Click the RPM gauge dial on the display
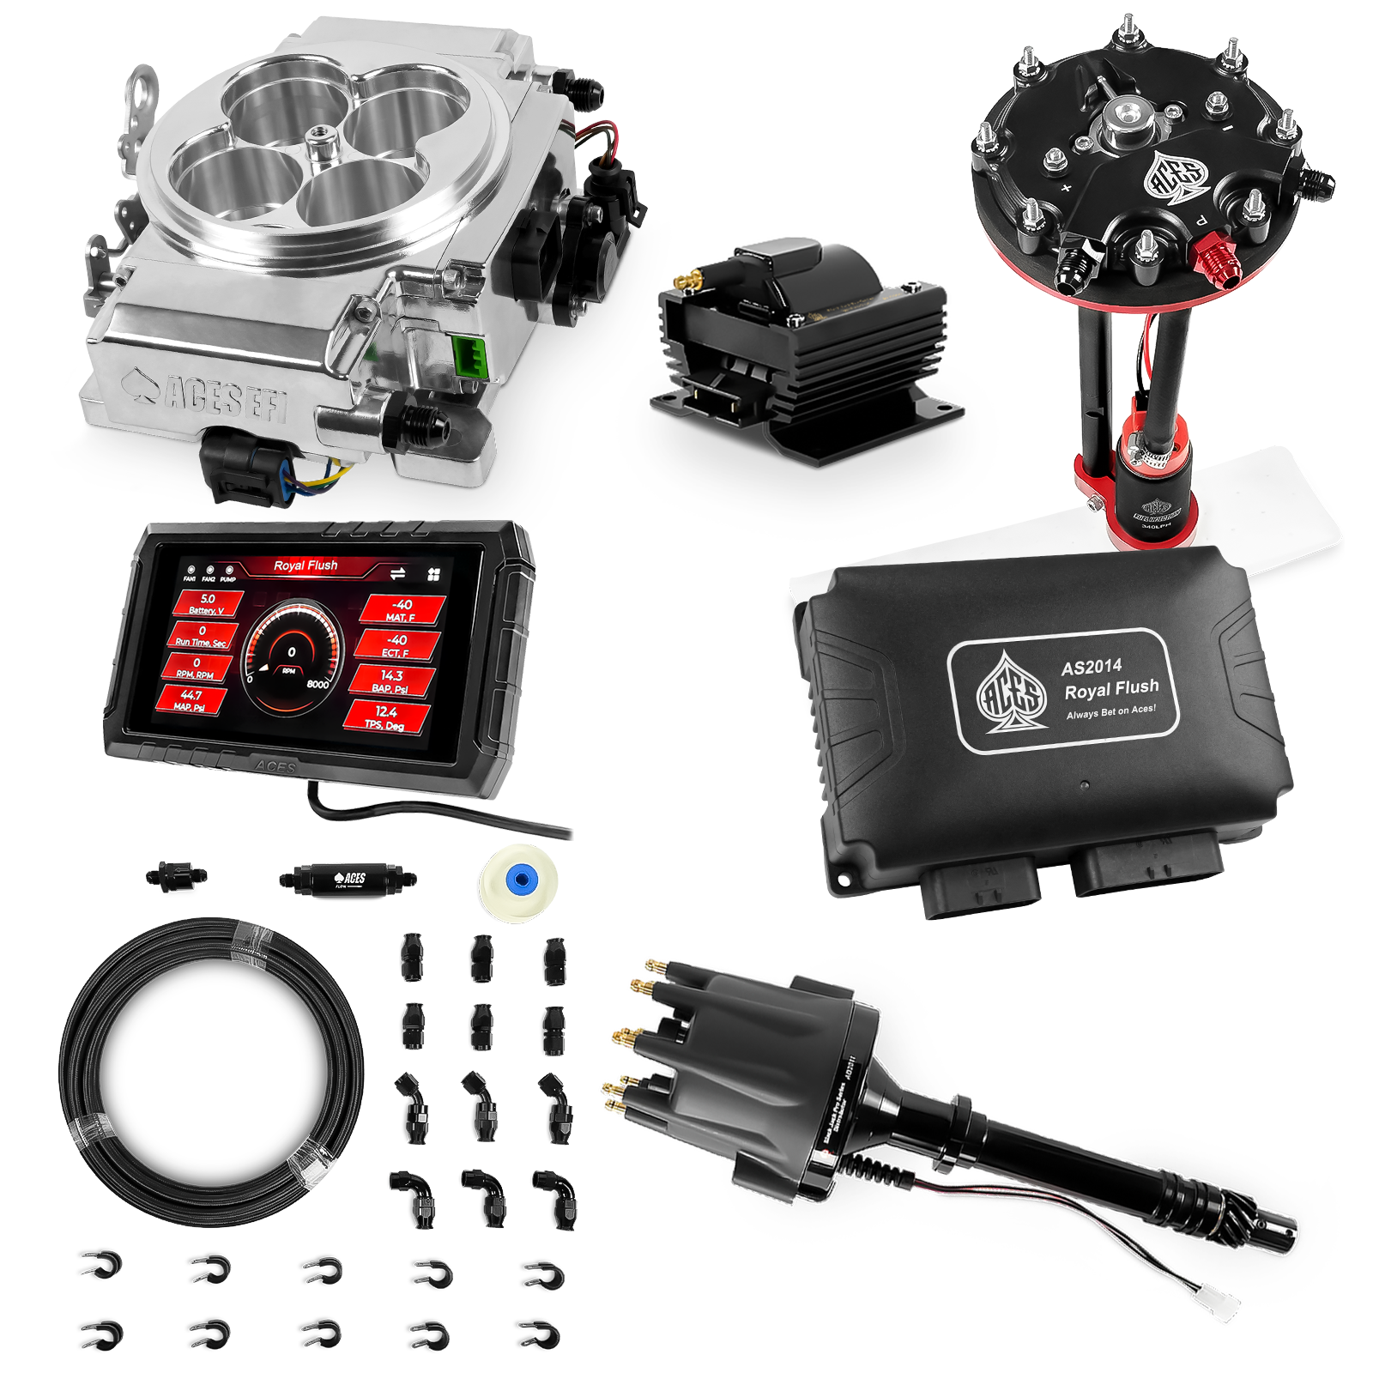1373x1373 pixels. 292,652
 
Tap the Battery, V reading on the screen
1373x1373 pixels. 207,603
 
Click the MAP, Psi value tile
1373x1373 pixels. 191,700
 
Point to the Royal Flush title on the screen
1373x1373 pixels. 305,566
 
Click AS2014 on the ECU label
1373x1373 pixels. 1091,667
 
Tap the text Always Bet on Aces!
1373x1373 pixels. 1110,712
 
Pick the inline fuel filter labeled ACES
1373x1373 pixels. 348,879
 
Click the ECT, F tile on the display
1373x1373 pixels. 396,645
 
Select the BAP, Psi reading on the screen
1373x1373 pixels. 390,681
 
